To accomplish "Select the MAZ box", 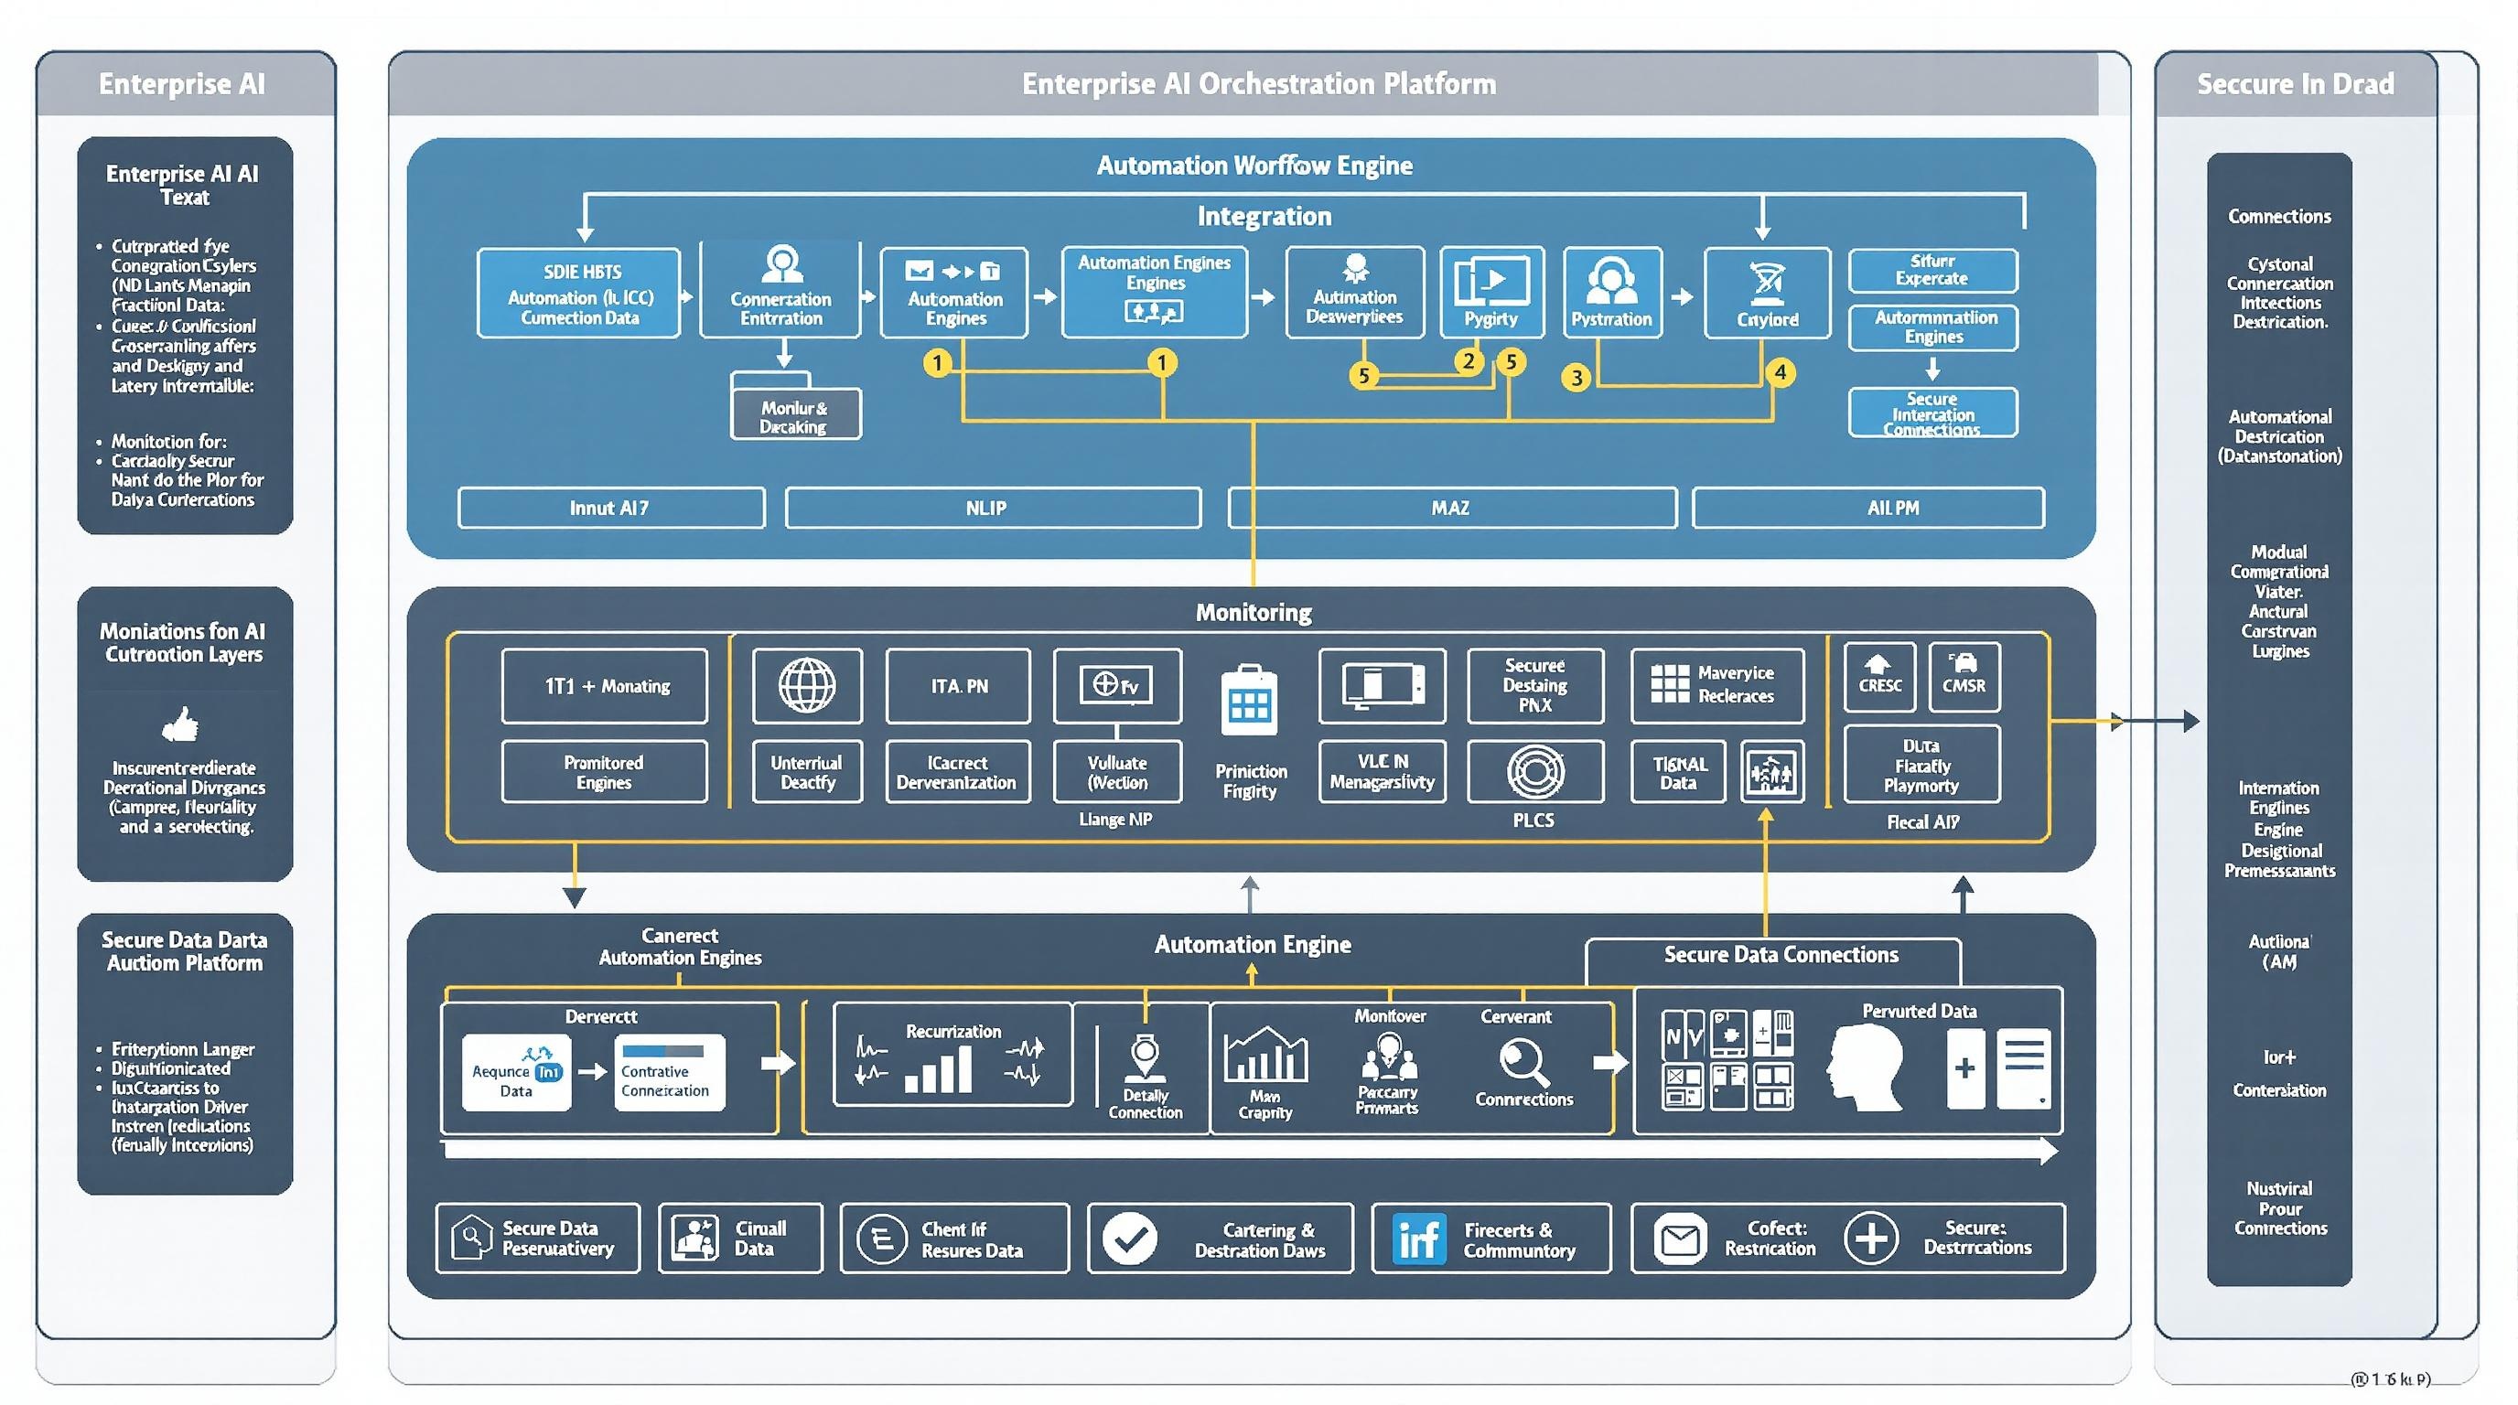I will pyautogui.click(x=1451, y=508).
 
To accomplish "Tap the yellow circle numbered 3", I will pyautogui.click(x=1576, y=377).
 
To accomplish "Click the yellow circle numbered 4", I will pyautogui.click(x=1780, y=372).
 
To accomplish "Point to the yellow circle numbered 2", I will pyautogui.click(x=1469, y=361).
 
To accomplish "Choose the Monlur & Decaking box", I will pyautogui.click(x=795, y=416).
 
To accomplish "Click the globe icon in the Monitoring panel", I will pyautogui.click(x=806, y=685).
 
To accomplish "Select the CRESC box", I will pyautogui.click(x=1878, y=676).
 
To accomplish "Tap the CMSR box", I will pyautogui.click(x=1964, y=676).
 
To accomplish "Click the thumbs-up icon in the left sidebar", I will pyautogui.click(x=180, y=725).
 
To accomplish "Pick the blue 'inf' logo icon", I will pyautogui.click(x=1418, y=1239).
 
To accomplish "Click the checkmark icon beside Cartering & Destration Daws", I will pyautogui.click(x=1130, y=1239).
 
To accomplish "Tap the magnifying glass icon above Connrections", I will pyautogui.click(x=1523, y=1063).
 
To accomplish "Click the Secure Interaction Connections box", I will pyautogui.click(x=1932, y=413).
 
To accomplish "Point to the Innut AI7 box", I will pyautogui.click(x=611, y=508).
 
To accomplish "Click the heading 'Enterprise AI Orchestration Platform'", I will pyautogui.click(x=1258, y=84).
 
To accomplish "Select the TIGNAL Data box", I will pyautogui.click(x=1677, y=773).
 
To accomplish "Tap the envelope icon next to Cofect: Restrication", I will pyautogui.click(x=1679, y=1239).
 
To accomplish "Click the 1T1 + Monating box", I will pyautogui.click(x=604, y=686).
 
